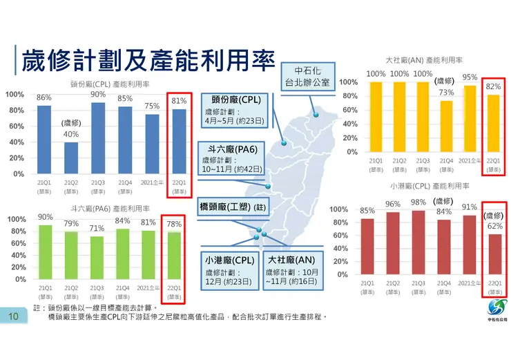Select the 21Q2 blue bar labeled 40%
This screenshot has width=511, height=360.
point(72,158)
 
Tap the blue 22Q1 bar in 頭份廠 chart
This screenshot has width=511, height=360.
point(179,142)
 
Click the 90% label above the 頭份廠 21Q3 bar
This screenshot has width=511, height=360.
point(98,94)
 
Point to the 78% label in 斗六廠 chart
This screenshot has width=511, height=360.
point(174,224)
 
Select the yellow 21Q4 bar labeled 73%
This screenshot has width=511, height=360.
point(447,126)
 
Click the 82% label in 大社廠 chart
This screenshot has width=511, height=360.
point(493,86)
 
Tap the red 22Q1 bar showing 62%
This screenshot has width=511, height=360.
point(494,254)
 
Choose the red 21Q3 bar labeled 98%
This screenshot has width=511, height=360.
point(418,243)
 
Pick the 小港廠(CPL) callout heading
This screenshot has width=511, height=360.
point(230,260)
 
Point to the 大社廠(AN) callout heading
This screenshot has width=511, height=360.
point(291,260)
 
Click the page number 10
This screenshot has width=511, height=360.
point(13,317)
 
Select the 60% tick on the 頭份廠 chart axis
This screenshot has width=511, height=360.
point(15,126)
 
